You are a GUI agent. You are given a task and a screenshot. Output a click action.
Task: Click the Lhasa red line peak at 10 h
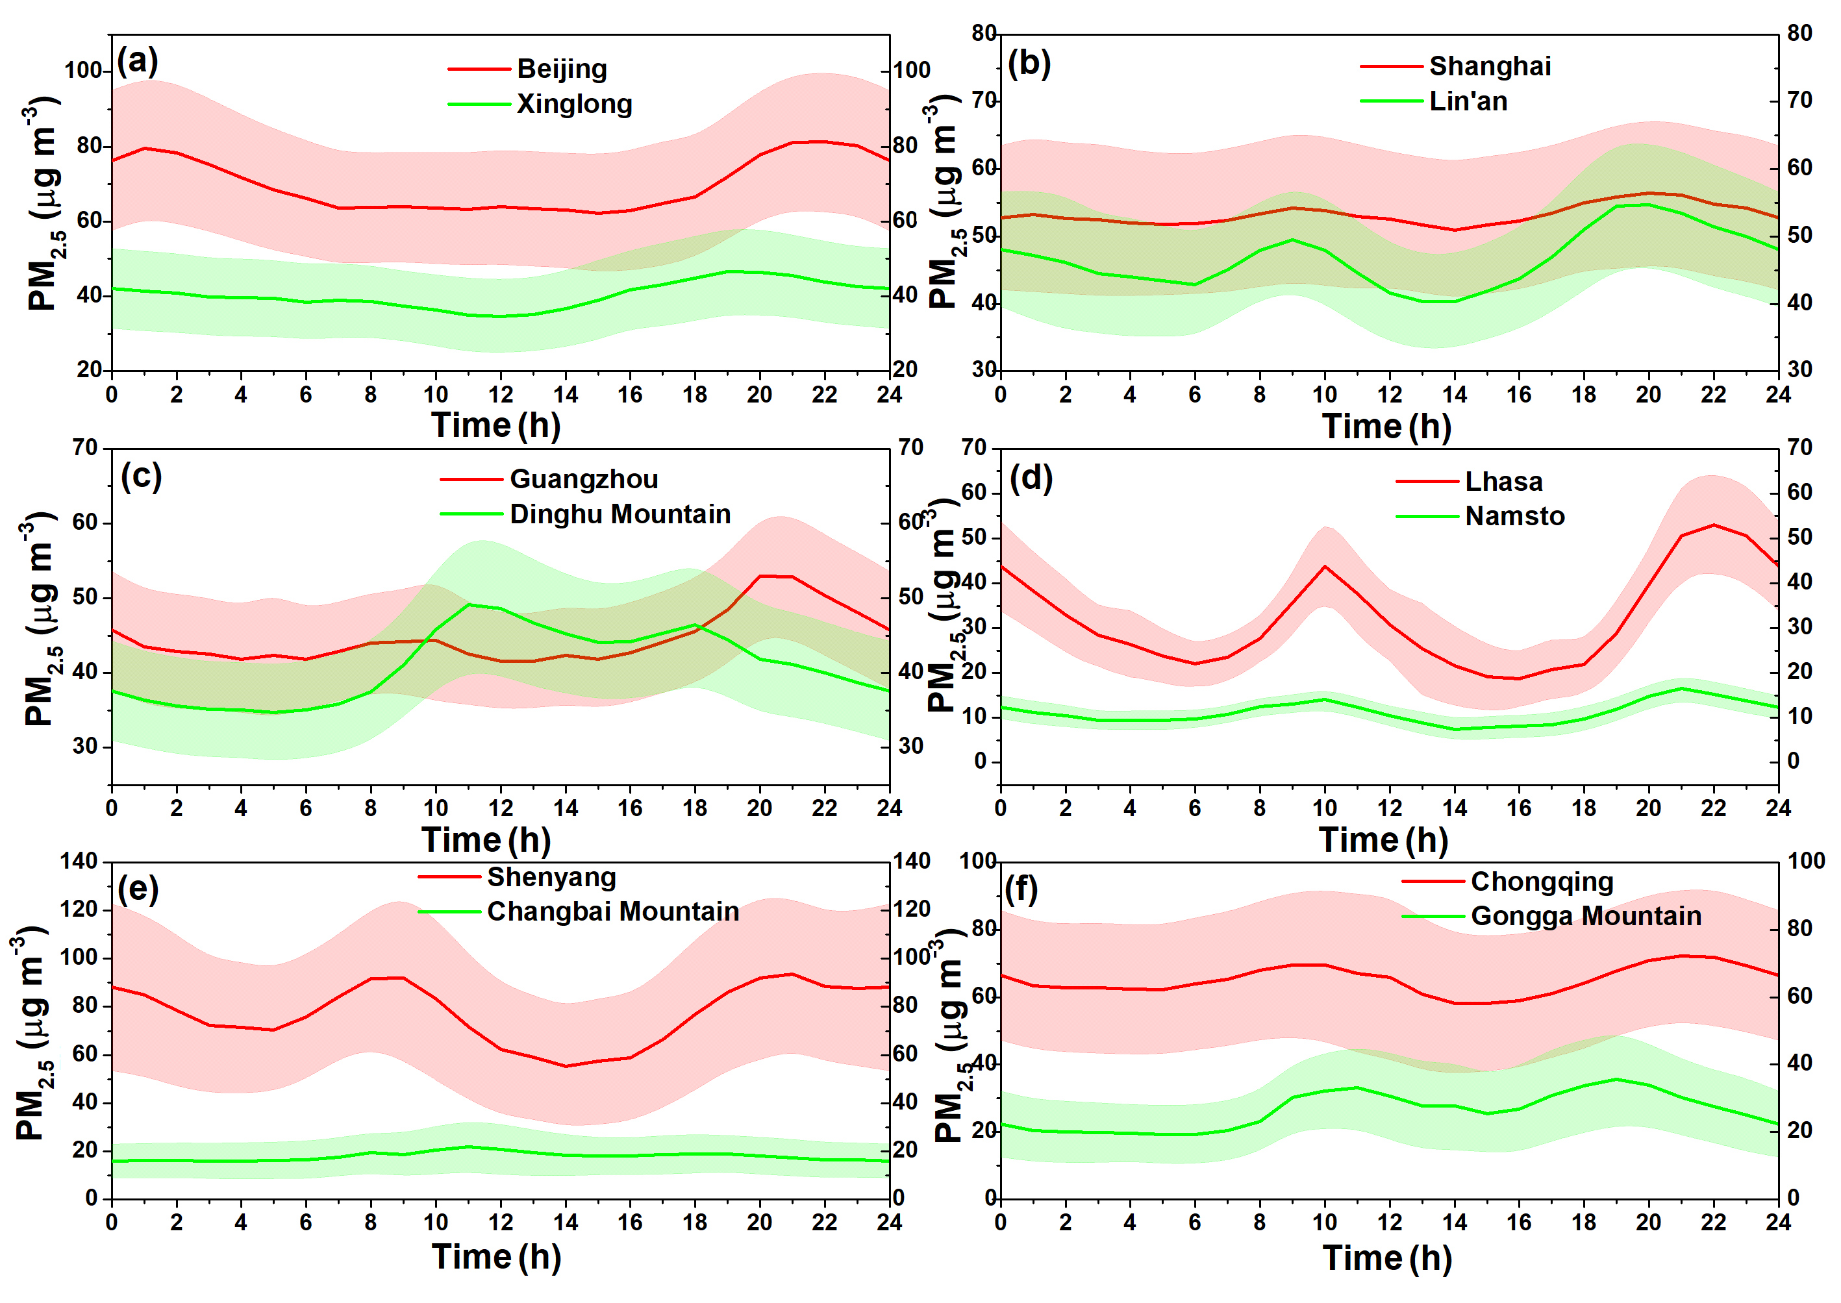click(x=1325, y=567)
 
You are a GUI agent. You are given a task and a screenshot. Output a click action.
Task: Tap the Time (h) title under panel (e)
click(x=496, y=1256)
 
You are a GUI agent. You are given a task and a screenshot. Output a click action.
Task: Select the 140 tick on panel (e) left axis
click(x=79, y=862)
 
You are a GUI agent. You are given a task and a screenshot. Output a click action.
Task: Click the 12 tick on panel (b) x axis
click(x=1389, y=395)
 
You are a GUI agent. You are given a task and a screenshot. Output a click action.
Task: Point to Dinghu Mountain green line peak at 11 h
click(x=469, y=604)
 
